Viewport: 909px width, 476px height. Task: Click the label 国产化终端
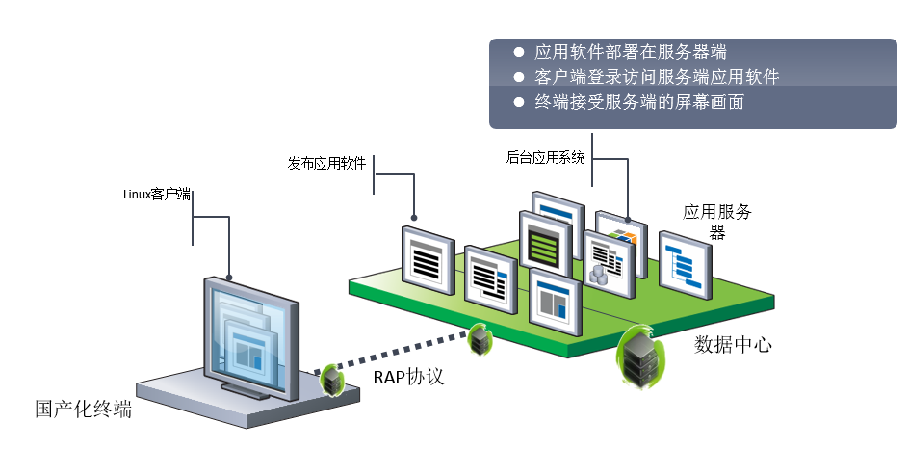(x=83, y=409)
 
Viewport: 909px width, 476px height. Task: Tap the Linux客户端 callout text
(x=157, y=194)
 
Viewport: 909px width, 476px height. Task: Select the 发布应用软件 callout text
(x=326, y=163)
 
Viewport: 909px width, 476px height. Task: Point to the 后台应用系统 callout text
(x=545, y=157)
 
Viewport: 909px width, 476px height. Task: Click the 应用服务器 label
(x=717, y=222)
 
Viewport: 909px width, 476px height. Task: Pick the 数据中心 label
(x=733, y=344)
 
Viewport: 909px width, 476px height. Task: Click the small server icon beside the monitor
(x=332, y=380)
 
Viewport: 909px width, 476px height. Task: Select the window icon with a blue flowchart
(x=685, y=264)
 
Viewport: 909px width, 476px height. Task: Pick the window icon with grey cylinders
(x=608, y=264)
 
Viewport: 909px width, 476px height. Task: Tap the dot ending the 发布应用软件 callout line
(x=415, y=218)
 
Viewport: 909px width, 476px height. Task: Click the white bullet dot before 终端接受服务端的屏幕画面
(x=518, y=101)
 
